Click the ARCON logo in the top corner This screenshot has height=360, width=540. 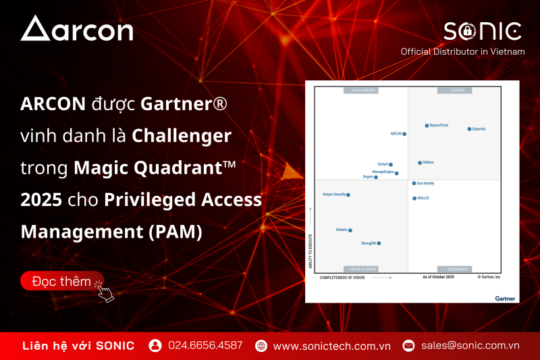click(x=77, y=29)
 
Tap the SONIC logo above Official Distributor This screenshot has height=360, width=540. click(x=482, y=31)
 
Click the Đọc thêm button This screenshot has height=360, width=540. click(x=62, y=281)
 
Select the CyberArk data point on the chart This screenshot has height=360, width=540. click(x=469, y=129)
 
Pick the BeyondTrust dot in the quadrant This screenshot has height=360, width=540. click(x=427, y=126)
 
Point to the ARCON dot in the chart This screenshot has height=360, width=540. click(x=404, y=134)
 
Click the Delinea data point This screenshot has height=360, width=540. click(x=420, y=163)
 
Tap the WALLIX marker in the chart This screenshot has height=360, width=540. click(x=414, y=199)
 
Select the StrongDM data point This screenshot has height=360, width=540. click(x=379, y=243)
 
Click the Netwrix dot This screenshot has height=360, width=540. click(x=350, y=230)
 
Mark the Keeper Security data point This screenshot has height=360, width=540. click(x=348, y=195)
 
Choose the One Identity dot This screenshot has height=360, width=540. click(x=414, y=183)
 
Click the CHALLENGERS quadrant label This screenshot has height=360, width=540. click(x=360, y=91)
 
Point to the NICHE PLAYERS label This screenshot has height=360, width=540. click(x=360, y=269)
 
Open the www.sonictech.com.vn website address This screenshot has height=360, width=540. click(x=331, y=345)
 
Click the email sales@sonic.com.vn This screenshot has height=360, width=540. click(x=470, y=345)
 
